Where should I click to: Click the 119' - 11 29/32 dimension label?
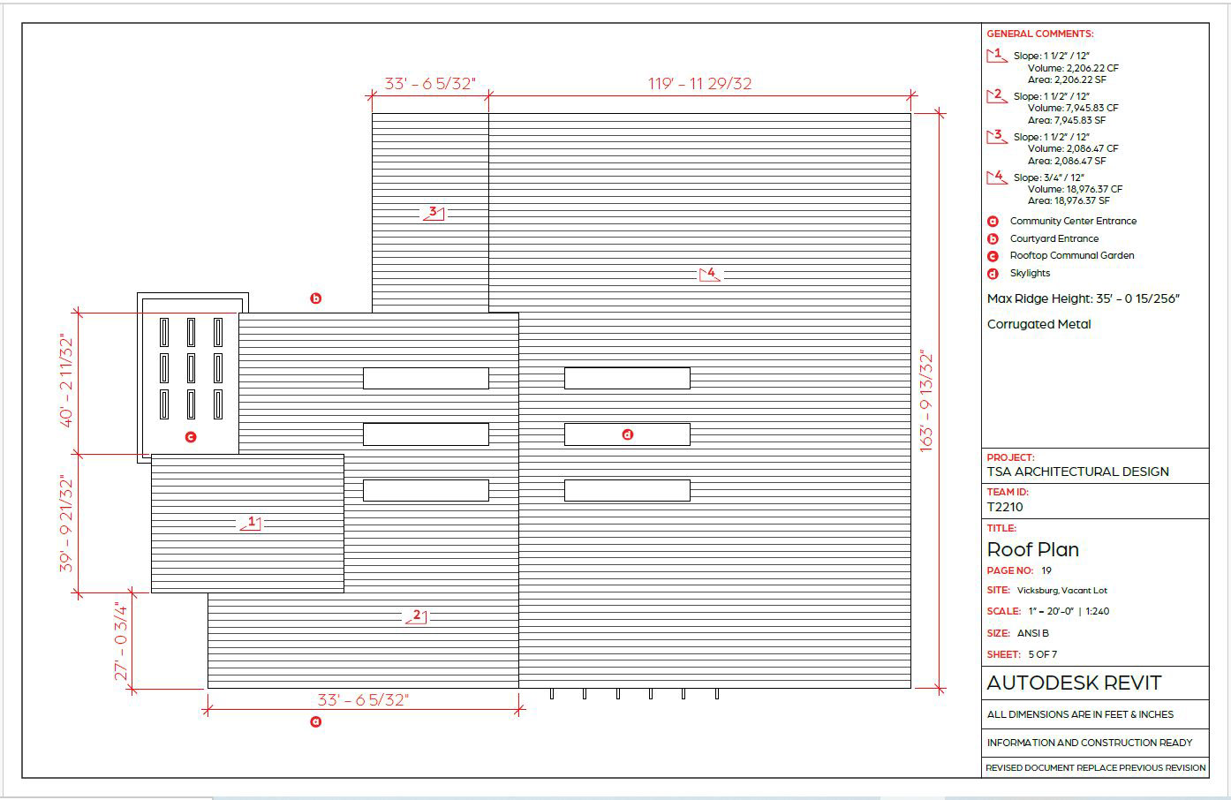699,84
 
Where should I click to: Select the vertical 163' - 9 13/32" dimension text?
926,402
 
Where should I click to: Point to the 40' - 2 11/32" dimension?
67,381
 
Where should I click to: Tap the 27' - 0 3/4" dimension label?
122,641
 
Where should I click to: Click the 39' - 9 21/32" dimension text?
67,524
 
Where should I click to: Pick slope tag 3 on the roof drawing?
433,213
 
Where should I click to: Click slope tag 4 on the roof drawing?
710,274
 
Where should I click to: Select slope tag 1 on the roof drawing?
251,523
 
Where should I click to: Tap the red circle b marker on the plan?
315,298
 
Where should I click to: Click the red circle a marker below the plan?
315,721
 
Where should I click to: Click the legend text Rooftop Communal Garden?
1071,255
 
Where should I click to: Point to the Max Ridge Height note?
1083,298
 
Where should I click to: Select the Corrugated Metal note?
1038,324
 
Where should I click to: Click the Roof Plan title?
1032,549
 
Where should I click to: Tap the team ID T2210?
1005,507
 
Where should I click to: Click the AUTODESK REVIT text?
1074,683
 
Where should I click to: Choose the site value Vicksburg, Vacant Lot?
1061,590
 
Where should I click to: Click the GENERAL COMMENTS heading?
1039,34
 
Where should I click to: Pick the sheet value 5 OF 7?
1042,654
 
